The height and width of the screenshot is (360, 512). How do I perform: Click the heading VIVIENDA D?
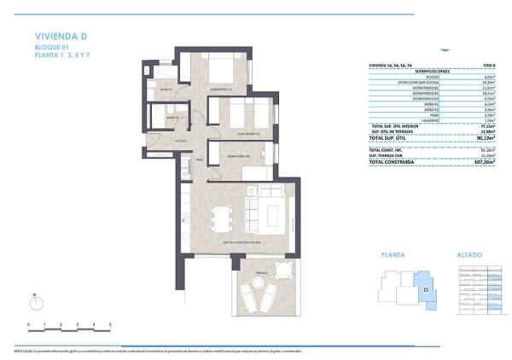61,36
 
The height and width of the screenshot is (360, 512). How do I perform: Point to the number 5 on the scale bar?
111,326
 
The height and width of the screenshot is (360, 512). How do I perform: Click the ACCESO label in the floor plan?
181,140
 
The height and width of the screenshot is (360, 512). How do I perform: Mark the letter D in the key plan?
426,288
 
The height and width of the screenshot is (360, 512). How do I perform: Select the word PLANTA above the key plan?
393,254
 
